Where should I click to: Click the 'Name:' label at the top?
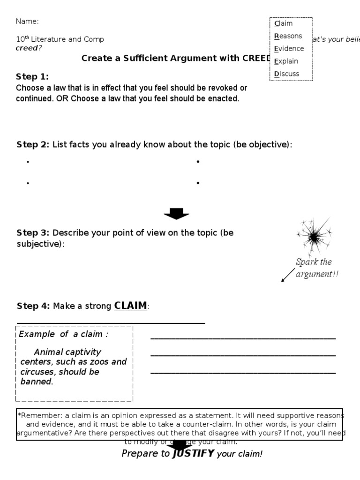[27, 21]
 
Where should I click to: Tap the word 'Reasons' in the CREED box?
[288, 36]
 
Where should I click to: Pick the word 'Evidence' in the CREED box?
[289, 49]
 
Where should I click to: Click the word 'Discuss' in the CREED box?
[286, 74]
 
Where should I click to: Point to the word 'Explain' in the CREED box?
[286, 61]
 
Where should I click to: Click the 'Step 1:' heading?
[32, 77]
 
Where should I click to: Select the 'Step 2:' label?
[33, 144]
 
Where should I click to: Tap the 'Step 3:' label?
[33, 233]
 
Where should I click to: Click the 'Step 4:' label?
[33, 306]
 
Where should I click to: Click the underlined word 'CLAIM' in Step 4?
[130, 306]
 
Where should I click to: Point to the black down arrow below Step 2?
[176, 214]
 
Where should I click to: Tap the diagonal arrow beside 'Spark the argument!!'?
[287, 275]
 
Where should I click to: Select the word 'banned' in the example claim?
[36, 382]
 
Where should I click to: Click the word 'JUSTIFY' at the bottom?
[193, 453]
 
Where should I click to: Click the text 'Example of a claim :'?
[63, 334]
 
